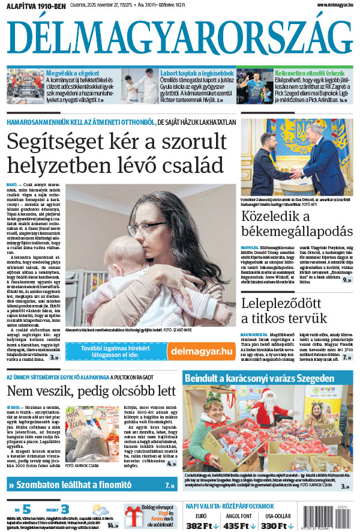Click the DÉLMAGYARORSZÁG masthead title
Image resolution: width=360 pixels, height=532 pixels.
click(x=180, y=38)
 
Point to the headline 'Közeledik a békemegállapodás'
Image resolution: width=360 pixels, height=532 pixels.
click(x=296, y=225)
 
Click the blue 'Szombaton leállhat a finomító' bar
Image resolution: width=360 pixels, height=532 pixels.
click(x=91, y=485)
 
